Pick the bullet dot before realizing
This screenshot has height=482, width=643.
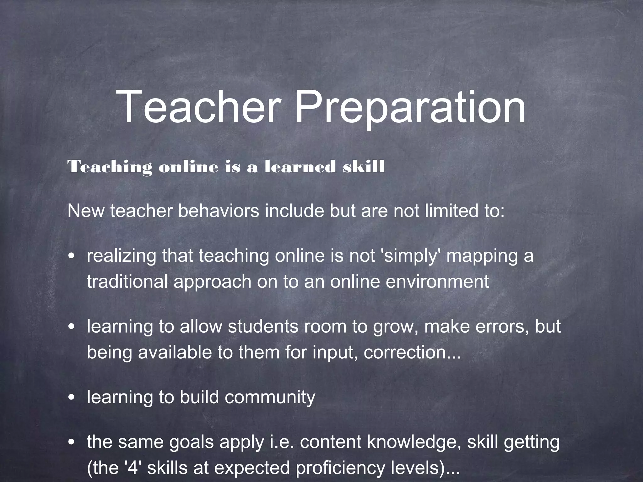click(72, 257)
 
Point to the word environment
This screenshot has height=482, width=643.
click(437, 281)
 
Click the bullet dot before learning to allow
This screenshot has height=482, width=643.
click(72, 328)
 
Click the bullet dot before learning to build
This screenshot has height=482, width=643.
click(72, 398)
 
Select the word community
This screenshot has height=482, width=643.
click(270, 398)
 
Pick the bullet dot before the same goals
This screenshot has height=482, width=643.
click(72, 443)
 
